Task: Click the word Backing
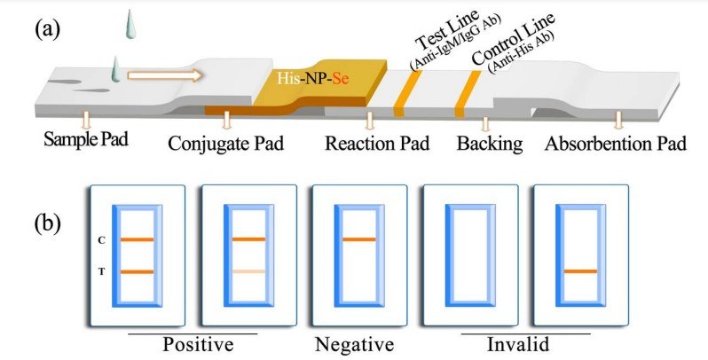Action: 489,143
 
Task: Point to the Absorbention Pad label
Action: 615,143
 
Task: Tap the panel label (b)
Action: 50,223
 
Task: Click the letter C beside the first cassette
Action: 103,239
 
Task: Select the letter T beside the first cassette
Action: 103,271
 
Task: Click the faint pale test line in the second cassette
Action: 248,271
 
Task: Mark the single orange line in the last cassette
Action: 581,271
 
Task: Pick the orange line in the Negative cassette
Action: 358,239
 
